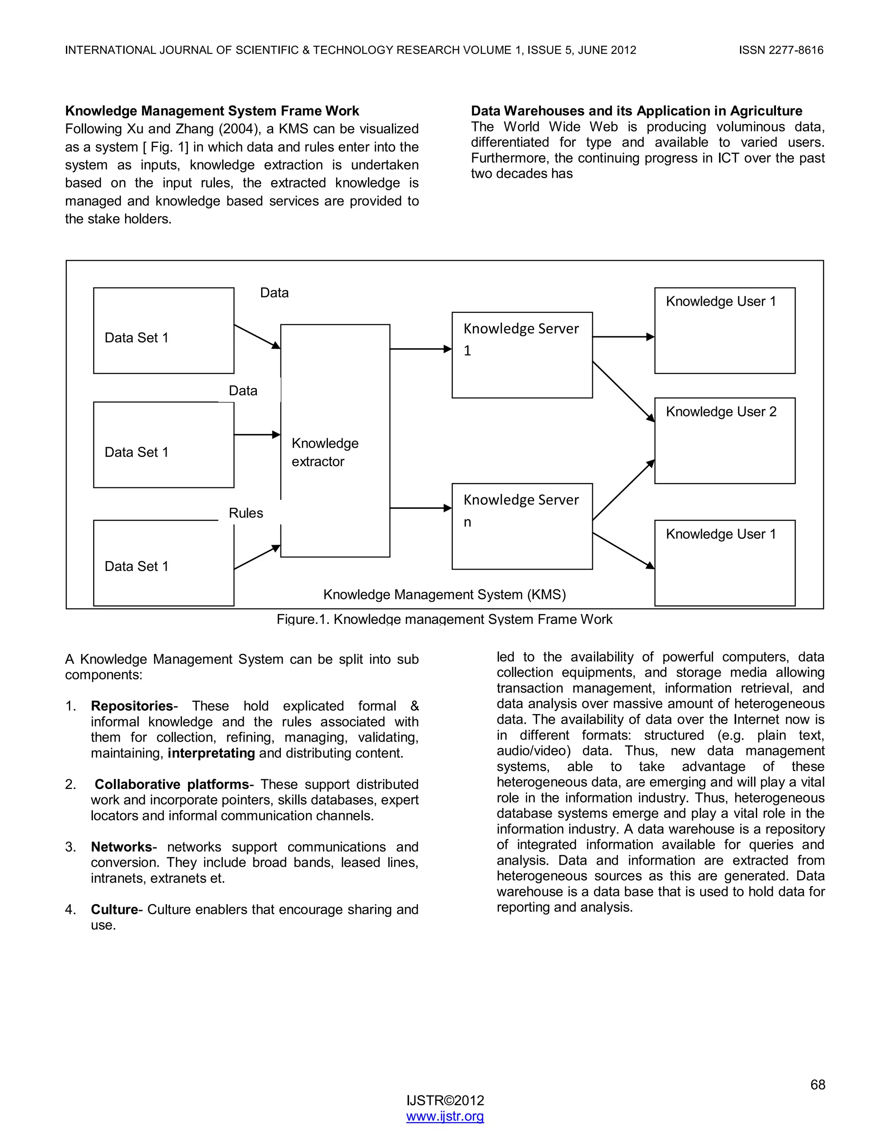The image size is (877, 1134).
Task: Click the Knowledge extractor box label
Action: tap(325, 452)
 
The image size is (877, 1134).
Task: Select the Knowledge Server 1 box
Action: tap(522, 355)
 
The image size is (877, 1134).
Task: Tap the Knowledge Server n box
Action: tap(522, 526)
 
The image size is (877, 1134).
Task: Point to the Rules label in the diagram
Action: tap(246, 513)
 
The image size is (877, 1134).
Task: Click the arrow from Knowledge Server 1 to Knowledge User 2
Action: tap(623, 392)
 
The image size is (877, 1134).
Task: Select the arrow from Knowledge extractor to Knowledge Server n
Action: tap(421, 508)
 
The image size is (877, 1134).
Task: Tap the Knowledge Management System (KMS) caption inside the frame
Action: tap(444, 594)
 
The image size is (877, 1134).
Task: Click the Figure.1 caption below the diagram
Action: tap(444, 620)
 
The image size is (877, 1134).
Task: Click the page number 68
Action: tap(817, 1085)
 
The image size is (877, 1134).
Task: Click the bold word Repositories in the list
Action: tap(131, 706)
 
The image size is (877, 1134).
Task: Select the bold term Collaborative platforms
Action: tap(171, 784)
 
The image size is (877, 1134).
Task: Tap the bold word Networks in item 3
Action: tap(122, 847)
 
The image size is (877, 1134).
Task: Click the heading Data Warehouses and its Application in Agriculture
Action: tap(636, 111)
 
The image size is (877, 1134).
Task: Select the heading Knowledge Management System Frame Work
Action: tap(212, 111)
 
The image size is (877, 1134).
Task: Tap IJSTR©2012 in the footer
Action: tap(445, 1100)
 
